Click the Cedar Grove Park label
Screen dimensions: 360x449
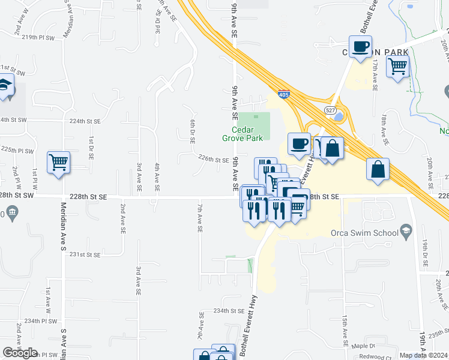[247, 134]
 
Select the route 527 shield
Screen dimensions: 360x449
[330, 110]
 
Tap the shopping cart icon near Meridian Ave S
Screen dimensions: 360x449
[58, 162]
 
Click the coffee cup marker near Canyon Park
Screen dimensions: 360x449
[360, 47]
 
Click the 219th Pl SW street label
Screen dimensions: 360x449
[38, 37]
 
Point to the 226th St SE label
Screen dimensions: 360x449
[214, 160]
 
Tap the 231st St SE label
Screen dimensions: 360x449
[84, 254]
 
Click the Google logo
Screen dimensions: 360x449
[20, 352]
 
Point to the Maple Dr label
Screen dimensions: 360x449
[363, 346]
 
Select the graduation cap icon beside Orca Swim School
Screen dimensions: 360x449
[407, 232]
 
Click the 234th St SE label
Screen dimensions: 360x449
[229, 311]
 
